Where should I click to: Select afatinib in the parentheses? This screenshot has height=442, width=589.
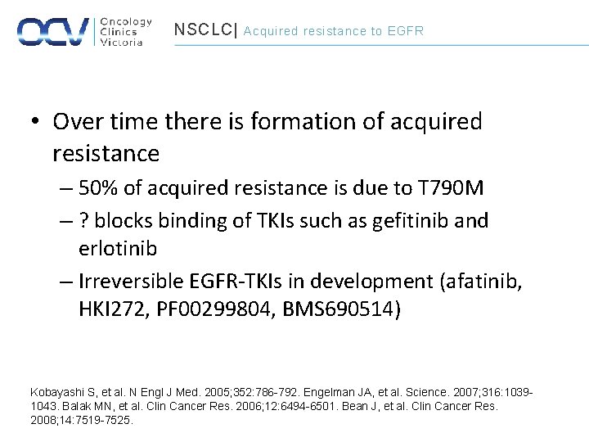(483, 281)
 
